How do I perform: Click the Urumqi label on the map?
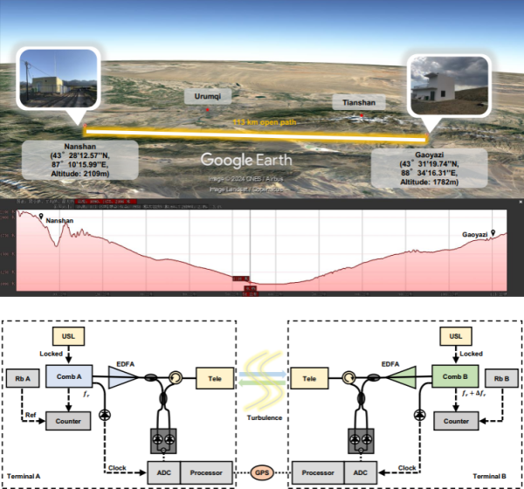[x=208, y=97]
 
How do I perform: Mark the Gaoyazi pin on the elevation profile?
[x=493, y=232]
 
